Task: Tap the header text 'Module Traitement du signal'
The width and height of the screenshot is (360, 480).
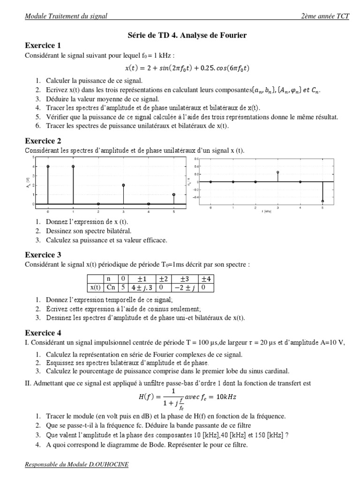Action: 66,16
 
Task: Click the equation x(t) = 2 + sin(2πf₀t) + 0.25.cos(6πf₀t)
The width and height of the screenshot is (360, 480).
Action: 187,68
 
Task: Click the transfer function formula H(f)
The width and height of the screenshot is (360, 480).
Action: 187,397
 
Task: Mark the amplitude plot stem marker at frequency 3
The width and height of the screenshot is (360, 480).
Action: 123,185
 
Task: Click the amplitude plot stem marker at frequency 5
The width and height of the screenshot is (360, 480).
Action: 174,195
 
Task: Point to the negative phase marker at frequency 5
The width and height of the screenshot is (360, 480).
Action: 322,201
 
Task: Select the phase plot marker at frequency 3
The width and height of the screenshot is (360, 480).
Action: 277,172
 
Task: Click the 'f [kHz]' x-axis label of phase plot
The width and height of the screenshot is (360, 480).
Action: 266,212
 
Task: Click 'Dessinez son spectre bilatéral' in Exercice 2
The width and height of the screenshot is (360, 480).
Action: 89,231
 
